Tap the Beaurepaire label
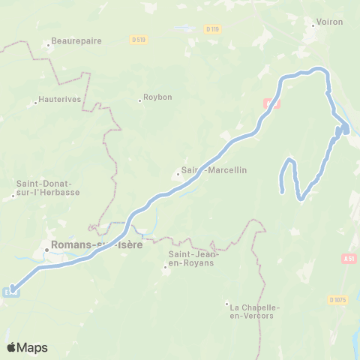(75, 43)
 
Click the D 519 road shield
(137, 39)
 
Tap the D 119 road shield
(212, 29)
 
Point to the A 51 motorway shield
(348, 259)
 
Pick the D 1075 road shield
(338, 300)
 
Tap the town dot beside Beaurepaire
(48, 44)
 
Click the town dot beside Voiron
(313, 23)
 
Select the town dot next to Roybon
(140, 98)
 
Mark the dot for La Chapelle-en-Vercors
(226, 304)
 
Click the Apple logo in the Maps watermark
(11, 347)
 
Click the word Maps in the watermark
(32, 348)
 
